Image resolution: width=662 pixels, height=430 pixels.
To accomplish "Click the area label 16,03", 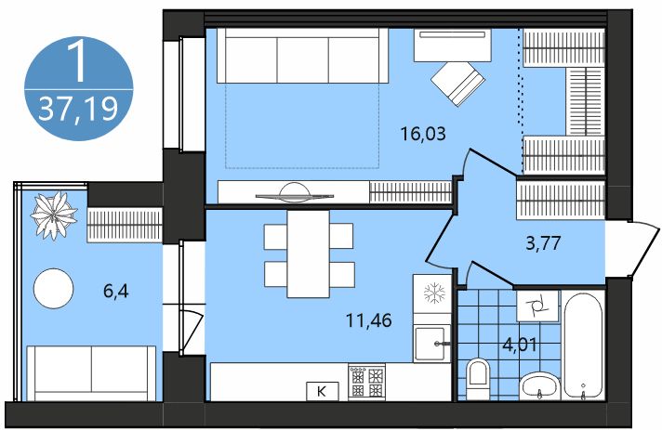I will [424, 134].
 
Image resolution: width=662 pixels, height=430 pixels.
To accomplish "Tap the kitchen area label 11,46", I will [367, 321].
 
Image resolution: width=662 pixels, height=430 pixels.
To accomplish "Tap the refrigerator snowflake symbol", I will [432, 294].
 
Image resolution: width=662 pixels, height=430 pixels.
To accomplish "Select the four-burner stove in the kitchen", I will [366, 382].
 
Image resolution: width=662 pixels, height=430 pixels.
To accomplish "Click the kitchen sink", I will [432, 345].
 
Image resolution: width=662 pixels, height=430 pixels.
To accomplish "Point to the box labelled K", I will [321, 391].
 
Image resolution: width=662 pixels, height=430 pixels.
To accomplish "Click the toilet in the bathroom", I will [479, 378].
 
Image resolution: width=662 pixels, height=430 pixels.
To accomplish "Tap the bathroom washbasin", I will [538, 384].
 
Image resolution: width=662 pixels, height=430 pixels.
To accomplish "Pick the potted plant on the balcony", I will [54, 213].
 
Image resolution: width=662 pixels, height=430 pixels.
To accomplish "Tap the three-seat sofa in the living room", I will [303, 57].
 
